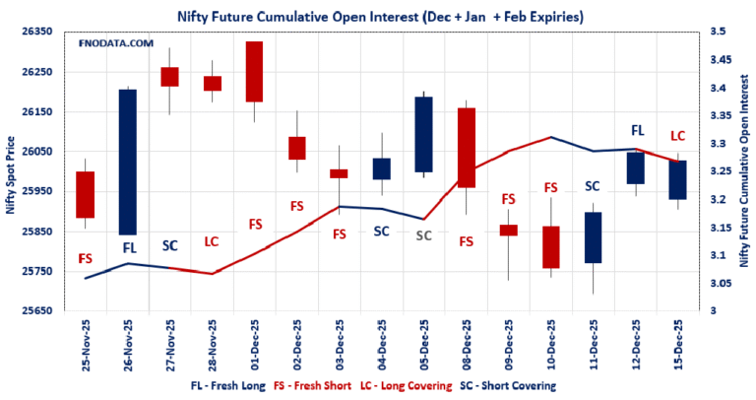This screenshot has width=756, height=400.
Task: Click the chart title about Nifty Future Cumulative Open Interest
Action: [378, 16]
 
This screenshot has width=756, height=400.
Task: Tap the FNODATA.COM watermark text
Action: [115, 44]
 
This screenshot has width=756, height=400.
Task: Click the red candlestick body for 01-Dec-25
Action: [254, 72]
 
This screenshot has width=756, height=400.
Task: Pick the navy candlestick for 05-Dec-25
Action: [423, 134]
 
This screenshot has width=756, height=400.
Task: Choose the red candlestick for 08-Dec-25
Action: [466, 148]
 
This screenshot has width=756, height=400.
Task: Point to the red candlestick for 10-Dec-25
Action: [550, 247]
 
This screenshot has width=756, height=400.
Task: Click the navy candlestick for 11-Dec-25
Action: [593, 237]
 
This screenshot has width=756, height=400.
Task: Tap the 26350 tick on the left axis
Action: [34, 33]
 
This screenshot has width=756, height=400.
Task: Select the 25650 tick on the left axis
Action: [34, 311]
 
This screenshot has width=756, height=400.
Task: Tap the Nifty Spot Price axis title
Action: [10, 171]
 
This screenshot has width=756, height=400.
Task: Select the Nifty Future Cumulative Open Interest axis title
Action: [744, 171]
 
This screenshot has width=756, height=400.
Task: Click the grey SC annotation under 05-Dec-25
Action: [423, 235]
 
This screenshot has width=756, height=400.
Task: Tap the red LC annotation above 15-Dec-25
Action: [677, 136]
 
